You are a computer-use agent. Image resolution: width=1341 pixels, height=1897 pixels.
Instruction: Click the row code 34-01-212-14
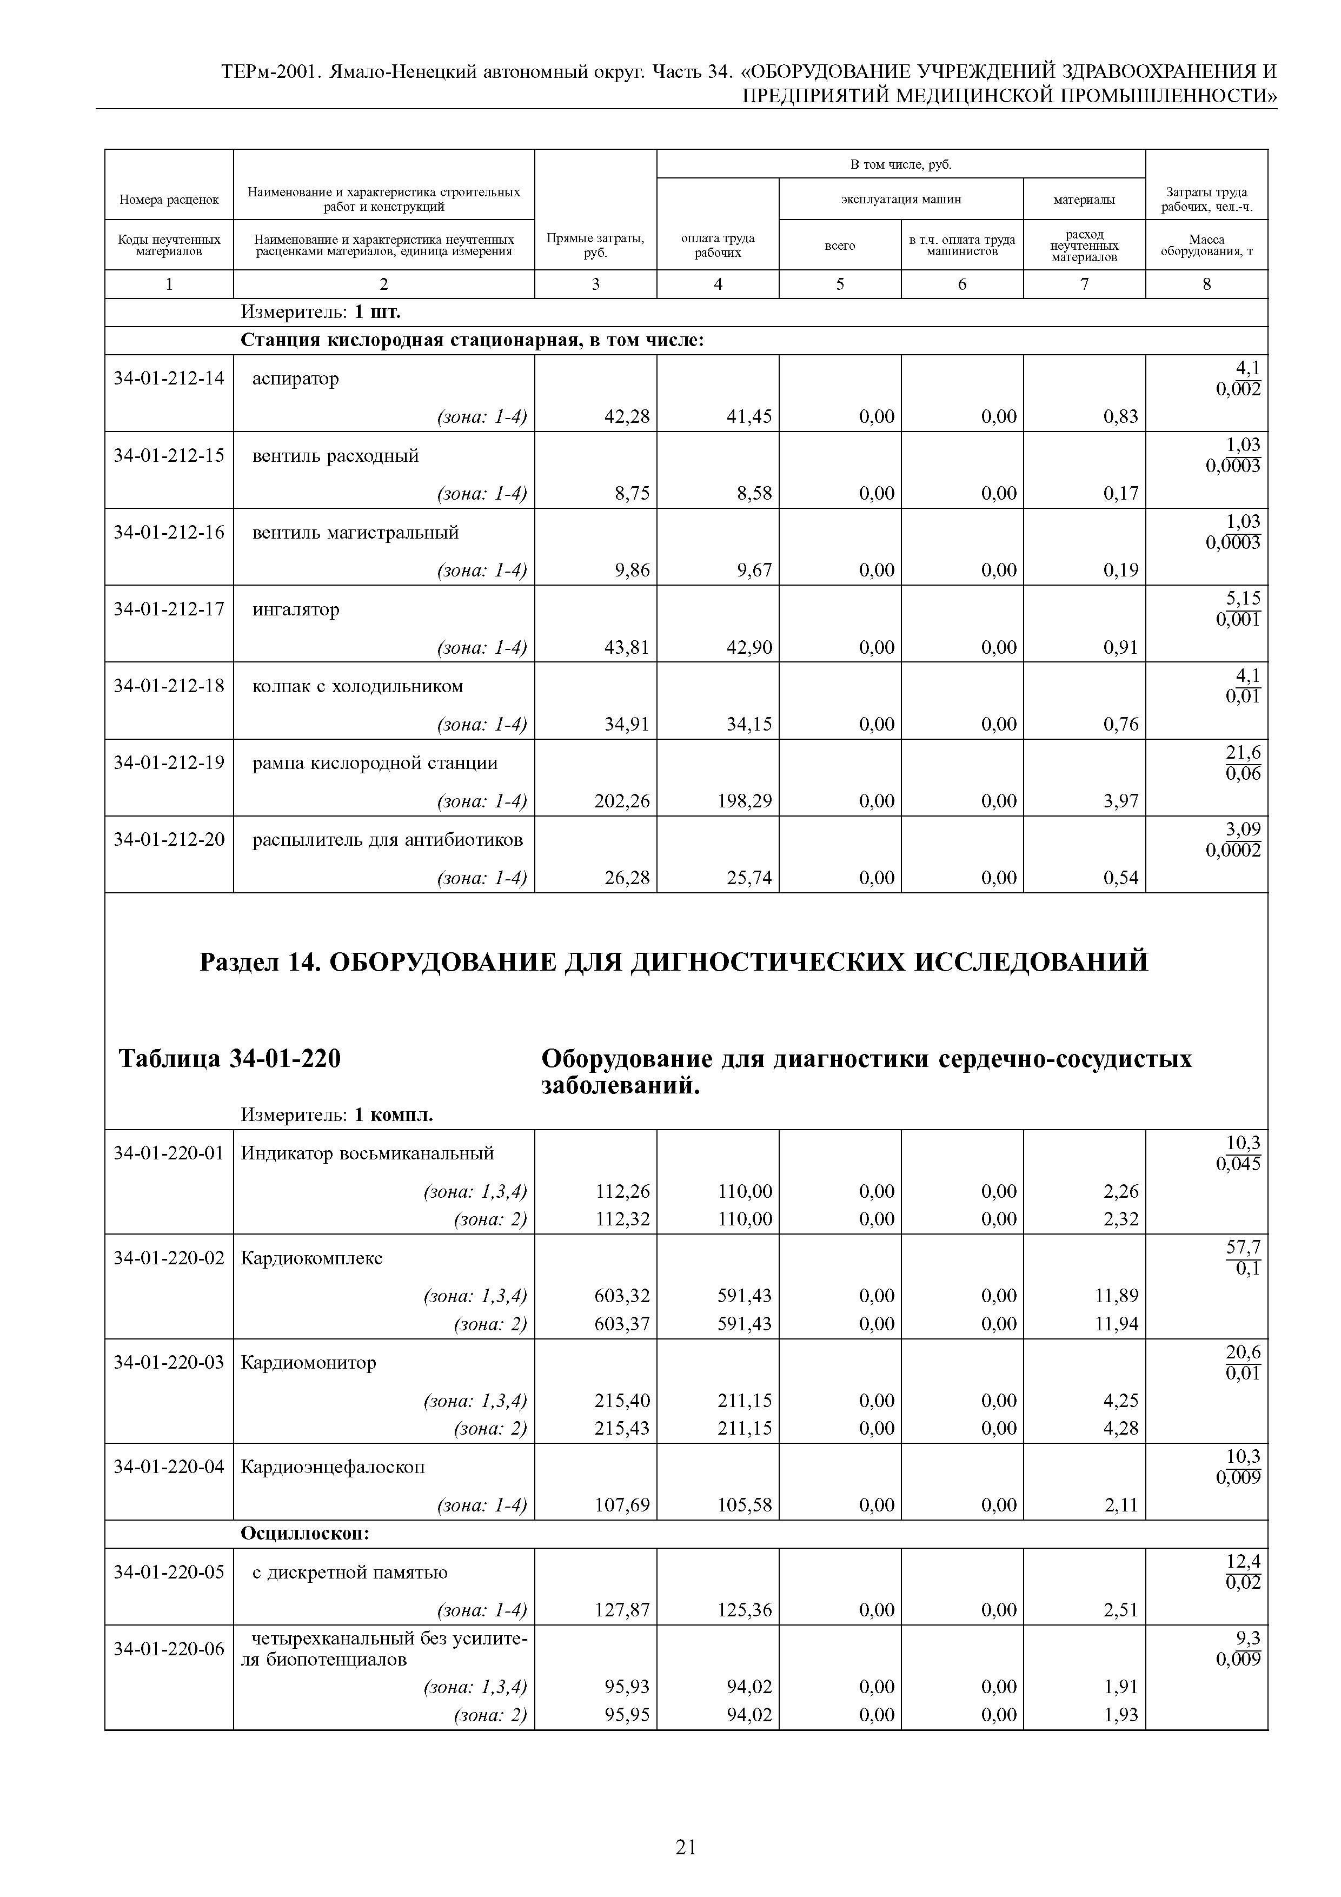169,379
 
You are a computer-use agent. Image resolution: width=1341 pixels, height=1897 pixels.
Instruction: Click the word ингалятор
296,610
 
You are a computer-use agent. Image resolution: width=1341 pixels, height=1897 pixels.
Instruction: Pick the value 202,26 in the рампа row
621,801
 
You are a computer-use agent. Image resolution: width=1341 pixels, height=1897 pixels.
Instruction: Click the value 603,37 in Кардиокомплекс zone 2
621,1324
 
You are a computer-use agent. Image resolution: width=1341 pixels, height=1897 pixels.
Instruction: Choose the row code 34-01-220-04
169,1468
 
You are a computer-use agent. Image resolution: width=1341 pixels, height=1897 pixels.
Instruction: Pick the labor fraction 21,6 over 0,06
1243,762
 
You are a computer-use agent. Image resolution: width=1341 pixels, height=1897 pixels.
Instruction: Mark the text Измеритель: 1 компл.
337,1116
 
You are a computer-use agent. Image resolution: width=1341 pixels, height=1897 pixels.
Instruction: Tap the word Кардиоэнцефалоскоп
332,1468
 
